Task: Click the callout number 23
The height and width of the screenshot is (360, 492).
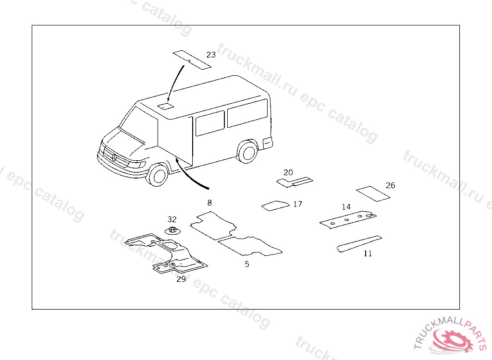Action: pos(211,55)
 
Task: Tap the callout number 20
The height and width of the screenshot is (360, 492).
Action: pos(288,172)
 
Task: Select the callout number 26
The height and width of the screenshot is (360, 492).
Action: pos(391,185)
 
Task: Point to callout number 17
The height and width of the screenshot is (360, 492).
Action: pos(297,204)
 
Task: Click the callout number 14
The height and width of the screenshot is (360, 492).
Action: pos(346,207)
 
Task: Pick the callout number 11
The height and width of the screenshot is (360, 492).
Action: pos(368,253)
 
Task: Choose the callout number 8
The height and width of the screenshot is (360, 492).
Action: pos(209,203)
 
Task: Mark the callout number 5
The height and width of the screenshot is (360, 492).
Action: pos(247,264)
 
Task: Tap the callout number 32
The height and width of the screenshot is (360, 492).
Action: pos(172,219)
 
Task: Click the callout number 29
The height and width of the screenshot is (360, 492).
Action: pos(181,278)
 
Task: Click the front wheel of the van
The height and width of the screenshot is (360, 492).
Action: pos(158,175)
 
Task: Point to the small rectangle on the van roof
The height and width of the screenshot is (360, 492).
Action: pos(166,106)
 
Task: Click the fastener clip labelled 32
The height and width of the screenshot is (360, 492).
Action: pos(172,230)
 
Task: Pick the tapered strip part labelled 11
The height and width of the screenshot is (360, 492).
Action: pos(359,243)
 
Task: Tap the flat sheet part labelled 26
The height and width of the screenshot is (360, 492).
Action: pos(372,193)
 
